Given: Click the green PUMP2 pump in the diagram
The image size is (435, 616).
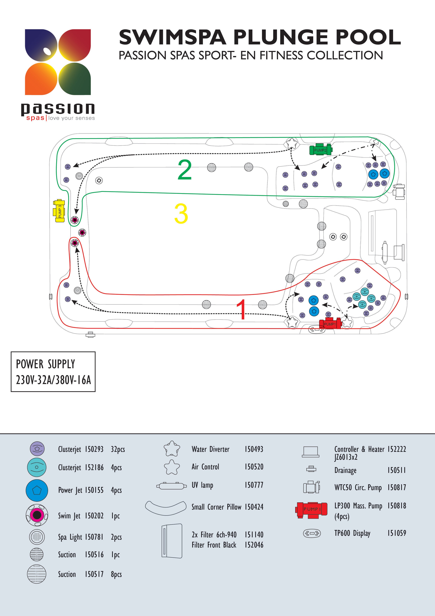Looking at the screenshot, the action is coord(321,150).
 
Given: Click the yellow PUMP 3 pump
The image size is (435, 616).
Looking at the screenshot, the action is coord(59,211).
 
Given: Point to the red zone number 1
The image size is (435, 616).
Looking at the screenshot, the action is coord(242,309).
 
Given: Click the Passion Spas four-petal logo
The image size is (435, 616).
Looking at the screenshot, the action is coord(58,62).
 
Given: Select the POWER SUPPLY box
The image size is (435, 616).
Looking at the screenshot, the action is coord(53,372).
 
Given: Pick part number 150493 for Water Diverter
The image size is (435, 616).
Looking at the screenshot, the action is coord(254,449).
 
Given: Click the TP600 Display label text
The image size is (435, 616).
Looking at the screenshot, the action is coord(352,533).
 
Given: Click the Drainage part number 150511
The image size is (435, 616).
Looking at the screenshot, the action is coord(397,470).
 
